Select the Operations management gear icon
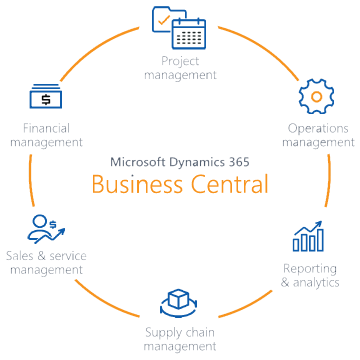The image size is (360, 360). (315, 96)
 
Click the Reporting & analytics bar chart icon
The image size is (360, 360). (308, 236)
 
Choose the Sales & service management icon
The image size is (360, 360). (46, 229)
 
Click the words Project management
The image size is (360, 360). (180, 68)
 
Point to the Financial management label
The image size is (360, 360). (46, 135)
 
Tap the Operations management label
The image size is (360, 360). (318, 135)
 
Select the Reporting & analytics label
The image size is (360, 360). (310, 275)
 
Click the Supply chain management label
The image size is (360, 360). (180, 339)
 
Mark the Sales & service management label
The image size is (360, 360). (46, 263)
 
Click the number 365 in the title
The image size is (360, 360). (236, 162)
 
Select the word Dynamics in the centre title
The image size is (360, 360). (192, 162)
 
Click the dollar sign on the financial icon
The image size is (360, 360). (46, 99)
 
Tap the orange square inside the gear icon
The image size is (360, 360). (316, 96)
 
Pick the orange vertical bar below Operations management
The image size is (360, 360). (327, 180)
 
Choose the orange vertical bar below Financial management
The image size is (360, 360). (31, 180)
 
